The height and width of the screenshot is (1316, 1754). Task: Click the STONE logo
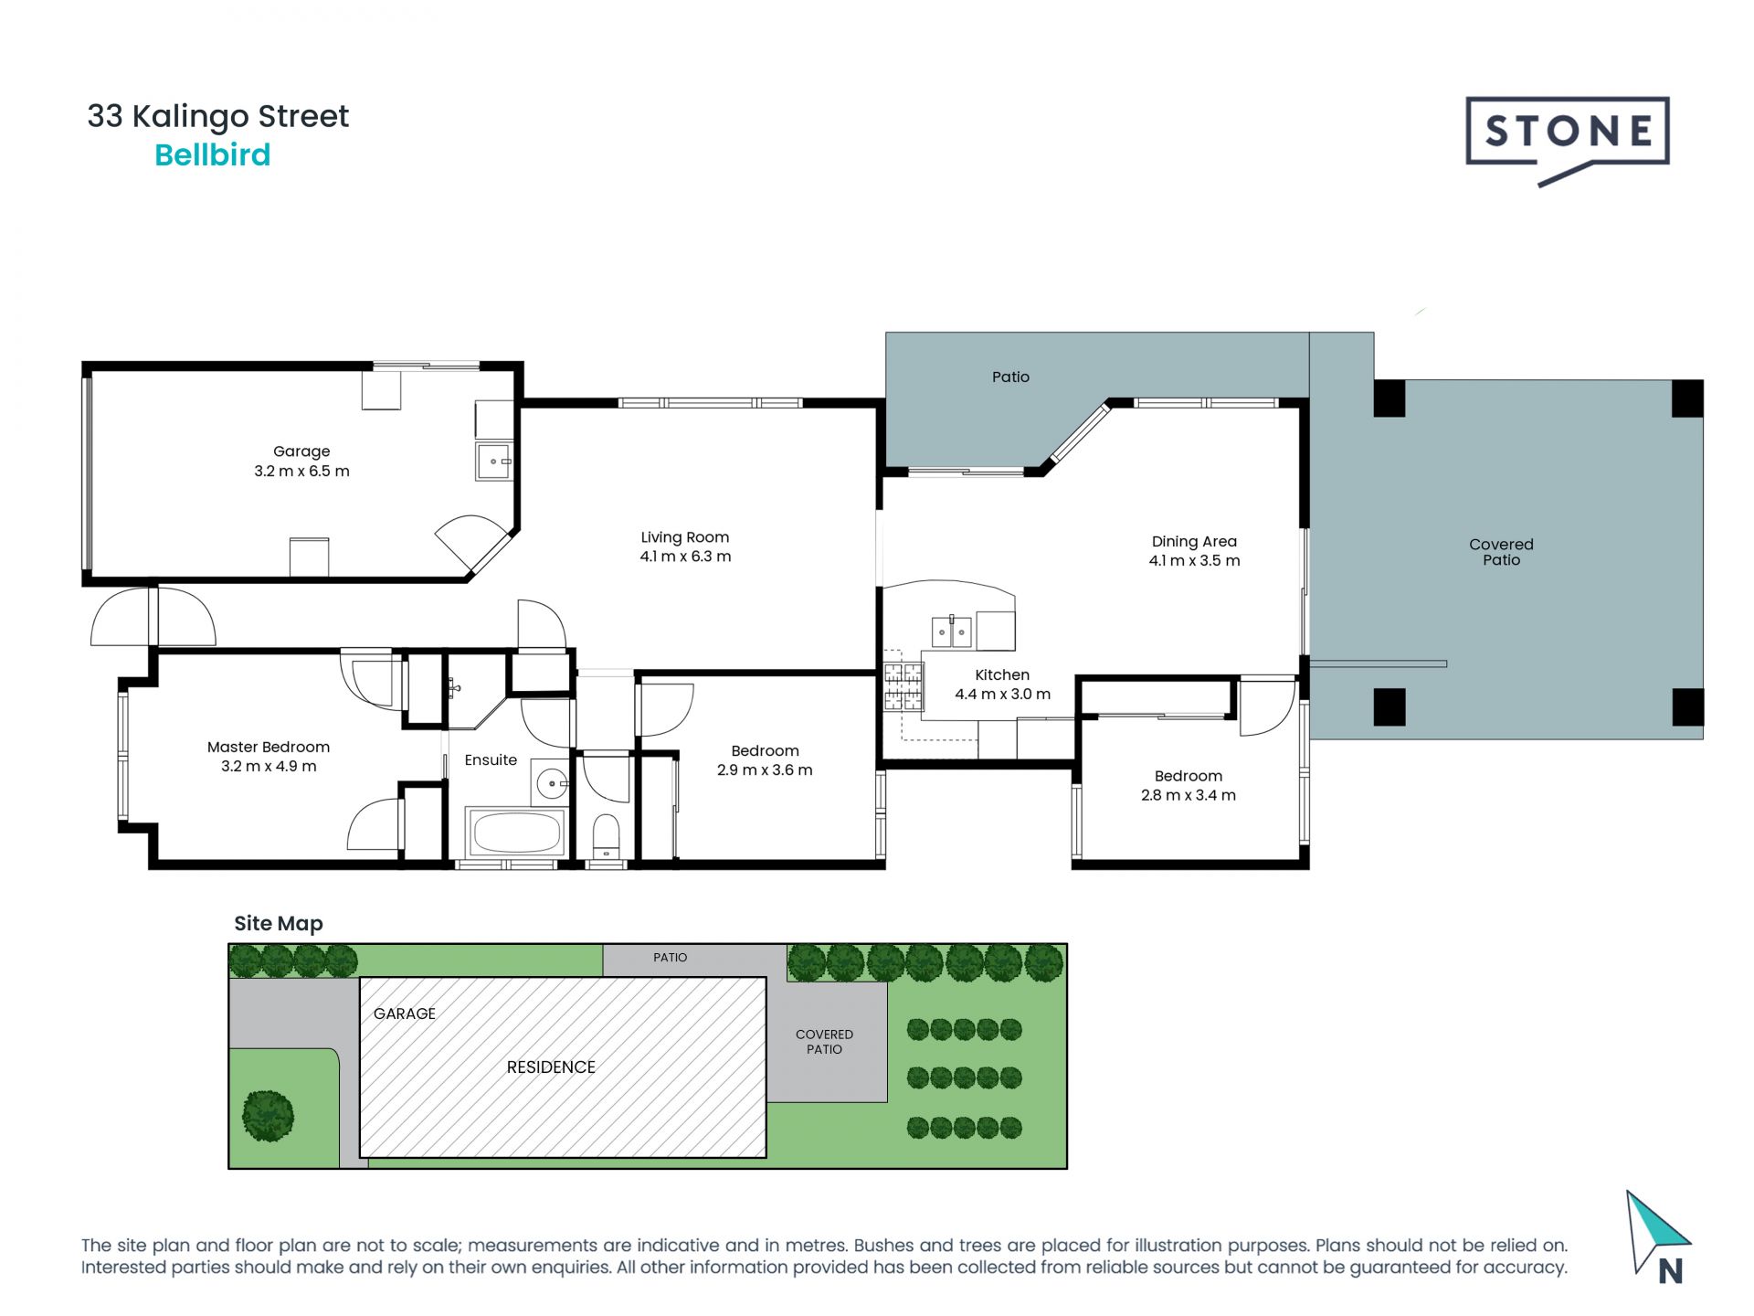pyautogui.click(x=1568, y=140)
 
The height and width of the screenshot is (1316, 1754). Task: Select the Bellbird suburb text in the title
pyautogui.click(x=213, y=154)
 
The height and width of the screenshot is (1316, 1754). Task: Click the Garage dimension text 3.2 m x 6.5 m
pyautogui.click(x=301, y=472)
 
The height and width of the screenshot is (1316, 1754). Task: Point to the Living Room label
pyautogui.click(x=685, y=537)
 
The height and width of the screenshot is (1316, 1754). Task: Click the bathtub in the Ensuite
pyautogui.click(x=515, y=832)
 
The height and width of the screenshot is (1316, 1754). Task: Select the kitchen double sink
pyautogui.click(x=951, y=631)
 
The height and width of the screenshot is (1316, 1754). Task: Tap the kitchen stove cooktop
pyautogui.click(x=903, y=687)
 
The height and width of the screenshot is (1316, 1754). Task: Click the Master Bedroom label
pyautogui.click(x=269, y=747)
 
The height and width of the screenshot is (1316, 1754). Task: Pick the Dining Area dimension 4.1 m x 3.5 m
pyautogui.click(x=1194, y=560)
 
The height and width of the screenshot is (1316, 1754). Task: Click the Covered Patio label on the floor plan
pyautogui.click(x=1501, y=552)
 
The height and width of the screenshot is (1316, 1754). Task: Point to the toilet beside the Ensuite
pyautogui.click(x=606, y=837)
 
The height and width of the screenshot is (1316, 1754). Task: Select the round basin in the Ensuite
pyautogui.click(x=552, y=783)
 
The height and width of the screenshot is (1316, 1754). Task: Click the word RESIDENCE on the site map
pyautogui.click(x=551, y=1067)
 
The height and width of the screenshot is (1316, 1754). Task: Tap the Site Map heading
pyautogui.click(x=279, y=924)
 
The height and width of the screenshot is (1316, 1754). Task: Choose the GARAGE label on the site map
pyautogui.click(x=405, y=1014)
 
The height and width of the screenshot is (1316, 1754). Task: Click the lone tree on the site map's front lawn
pyautogui.click(x=269, y=1116)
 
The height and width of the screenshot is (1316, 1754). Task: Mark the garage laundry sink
pyautogui.click(x=494, y=462)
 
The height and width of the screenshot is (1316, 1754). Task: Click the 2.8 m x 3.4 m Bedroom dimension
pyautogui.click(x=1188, y=795)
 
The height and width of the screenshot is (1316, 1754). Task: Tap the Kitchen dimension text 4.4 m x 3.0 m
pyautogui.click(x=1002, y=694)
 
